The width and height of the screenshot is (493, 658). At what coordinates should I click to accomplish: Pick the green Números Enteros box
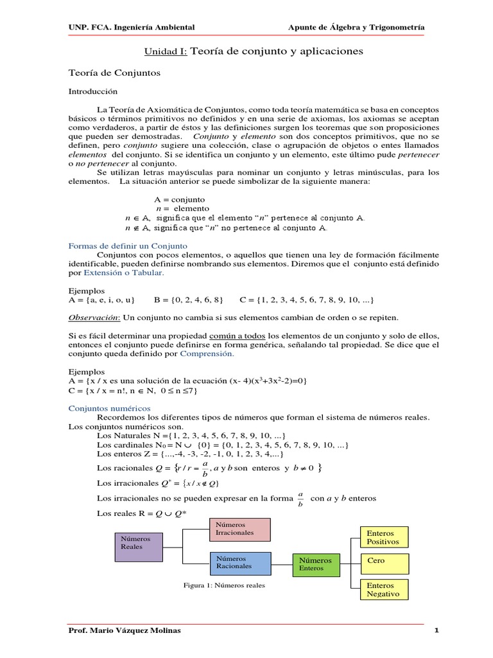tap(315, 564)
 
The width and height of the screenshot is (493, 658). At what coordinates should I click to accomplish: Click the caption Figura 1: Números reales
tap(224, 585)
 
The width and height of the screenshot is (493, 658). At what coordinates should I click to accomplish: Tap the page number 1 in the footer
tap(436, 630)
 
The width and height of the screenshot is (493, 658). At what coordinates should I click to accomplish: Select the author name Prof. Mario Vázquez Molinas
tap(125, 630)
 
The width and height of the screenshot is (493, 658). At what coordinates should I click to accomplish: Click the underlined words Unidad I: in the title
tap(165, 50)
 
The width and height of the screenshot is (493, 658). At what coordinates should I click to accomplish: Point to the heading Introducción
tap(93, 92)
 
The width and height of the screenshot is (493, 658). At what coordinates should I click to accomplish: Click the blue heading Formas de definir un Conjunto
tap(128, 245)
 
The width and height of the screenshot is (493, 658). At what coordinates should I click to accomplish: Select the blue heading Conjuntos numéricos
tap(109, 407)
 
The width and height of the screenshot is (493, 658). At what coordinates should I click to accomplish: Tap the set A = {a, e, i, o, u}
tap(101, 300)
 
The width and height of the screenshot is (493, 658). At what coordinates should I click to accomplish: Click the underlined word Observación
tap(94, 317)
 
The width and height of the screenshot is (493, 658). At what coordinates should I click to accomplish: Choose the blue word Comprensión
tap(207, 353)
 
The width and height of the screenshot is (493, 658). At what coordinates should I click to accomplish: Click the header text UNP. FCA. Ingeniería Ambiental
tap(132, 27)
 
